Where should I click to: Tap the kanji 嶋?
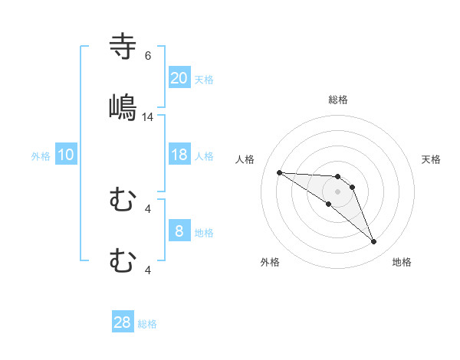tap(123, 106)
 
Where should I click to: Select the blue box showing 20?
tap(179, 78)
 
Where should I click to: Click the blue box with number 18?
tap(179, 155)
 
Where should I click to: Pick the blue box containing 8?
tap(179, 231)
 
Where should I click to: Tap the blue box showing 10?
tap(65, 155)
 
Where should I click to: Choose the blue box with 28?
tap(122, 322)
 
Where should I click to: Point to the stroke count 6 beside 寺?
tap(148, 56)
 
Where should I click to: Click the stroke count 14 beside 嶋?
tap(148, 116)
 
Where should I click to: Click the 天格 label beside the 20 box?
tap(204, 80)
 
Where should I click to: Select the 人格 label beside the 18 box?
tap(204, 156)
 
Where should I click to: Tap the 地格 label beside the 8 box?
tap(204, 233)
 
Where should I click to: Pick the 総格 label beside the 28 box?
tap(147, 324)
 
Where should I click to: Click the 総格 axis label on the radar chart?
tap(338, 100)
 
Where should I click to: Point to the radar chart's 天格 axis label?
tap(432, 159)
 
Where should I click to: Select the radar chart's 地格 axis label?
tap(402, 262)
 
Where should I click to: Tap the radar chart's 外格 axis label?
tap(270, 262)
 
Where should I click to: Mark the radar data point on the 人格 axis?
tap(279, 172)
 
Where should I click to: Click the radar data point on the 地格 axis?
tap(373, 242)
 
